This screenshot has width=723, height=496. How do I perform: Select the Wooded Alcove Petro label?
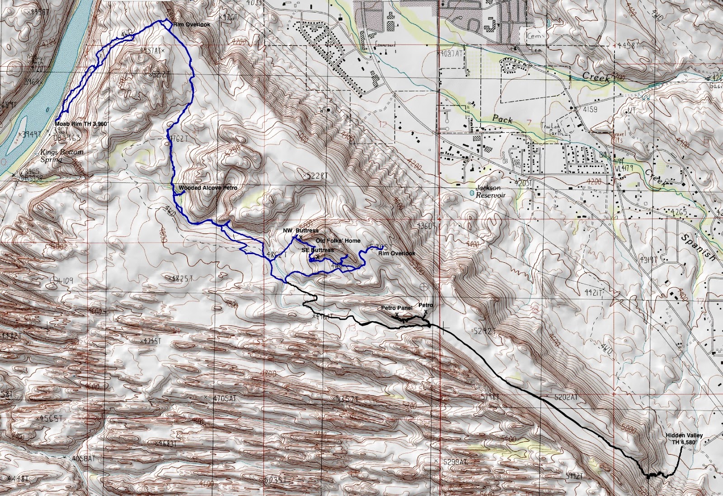(207, 188)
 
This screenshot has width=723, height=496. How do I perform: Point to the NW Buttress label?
(300, 231)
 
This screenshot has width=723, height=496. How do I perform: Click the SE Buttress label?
(318, 250)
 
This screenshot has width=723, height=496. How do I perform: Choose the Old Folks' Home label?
(338, 241)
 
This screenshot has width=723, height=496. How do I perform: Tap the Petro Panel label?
(396, 308)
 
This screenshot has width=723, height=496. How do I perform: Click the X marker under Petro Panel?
(397, 315)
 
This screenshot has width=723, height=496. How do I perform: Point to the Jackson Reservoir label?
(490, 191)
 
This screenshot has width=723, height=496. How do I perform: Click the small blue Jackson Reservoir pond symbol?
(472, 193)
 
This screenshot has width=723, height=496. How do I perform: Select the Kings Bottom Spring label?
(62, 156)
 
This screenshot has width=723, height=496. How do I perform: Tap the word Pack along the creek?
(502, 119)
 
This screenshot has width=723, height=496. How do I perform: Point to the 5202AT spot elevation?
(566, 397)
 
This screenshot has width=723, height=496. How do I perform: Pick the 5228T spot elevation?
(315, 176)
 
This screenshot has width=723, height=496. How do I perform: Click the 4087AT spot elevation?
(452, 53)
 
